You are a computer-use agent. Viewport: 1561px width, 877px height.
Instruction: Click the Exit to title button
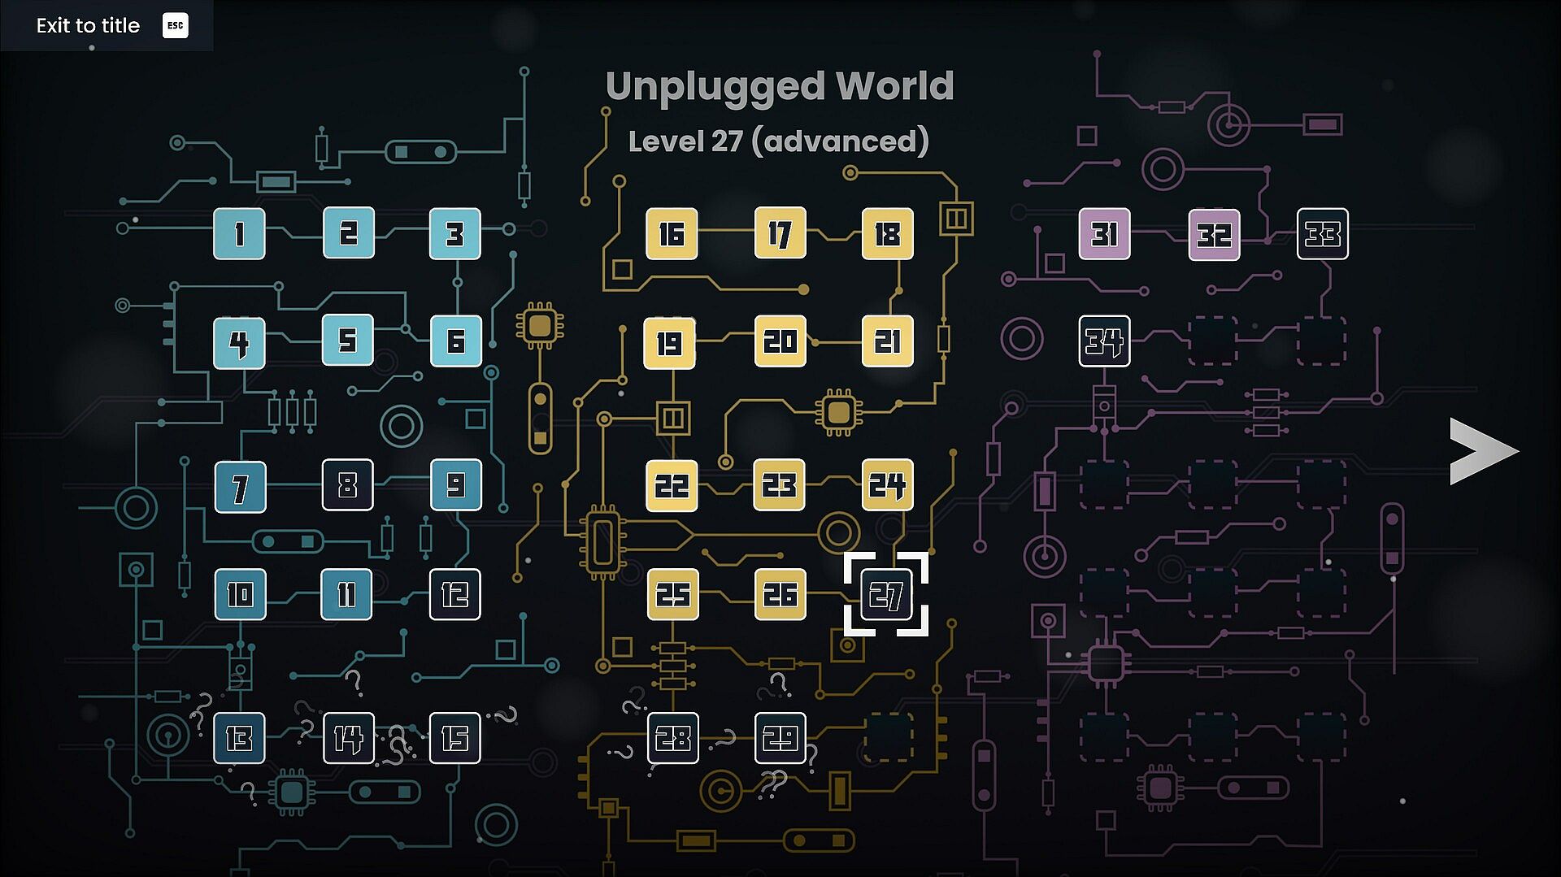(x=107, y=25)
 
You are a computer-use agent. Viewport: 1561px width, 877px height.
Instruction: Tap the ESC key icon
(x=175, y=25)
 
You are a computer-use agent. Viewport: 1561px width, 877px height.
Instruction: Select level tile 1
(x=239, y=234)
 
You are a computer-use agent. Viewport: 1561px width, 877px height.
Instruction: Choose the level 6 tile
(x=455, y=341)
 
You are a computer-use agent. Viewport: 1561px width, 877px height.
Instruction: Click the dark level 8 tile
(x=348, y=485)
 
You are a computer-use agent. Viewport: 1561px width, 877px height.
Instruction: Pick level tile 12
(x=454, y=594)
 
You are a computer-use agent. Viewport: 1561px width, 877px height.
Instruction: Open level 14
(x=349, y=739)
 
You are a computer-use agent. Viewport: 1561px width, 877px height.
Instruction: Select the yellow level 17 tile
(x=780, y=234)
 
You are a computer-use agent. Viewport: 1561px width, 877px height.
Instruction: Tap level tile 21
(x=888, y=341)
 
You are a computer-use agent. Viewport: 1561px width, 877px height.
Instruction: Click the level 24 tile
(x=887, y=485)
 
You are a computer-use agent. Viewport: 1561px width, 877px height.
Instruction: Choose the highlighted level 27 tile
(x=886, y=594)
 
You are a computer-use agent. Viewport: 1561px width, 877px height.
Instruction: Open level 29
(x=780, y=739)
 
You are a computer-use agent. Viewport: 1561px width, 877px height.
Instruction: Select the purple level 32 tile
(x=1214, y=234)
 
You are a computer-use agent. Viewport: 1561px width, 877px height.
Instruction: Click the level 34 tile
(x=1104, y=341)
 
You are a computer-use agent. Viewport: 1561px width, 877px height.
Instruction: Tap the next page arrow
(x=1484, y=452)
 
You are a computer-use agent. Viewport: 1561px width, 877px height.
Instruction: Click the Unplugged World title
(x=780, y=87)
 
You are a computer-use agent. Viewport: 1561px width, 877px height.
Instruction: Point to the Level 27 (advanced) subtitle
(x=779, y=141)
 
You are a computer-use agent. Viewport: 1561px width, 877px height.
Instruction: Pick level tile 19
(x=670, y=342)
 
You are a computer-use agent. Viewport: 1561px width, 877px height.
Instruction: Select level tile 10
(x=240, y=594)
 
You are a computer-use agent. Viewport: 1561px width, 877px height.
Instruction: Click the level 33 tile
(x=1323, y=234)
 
